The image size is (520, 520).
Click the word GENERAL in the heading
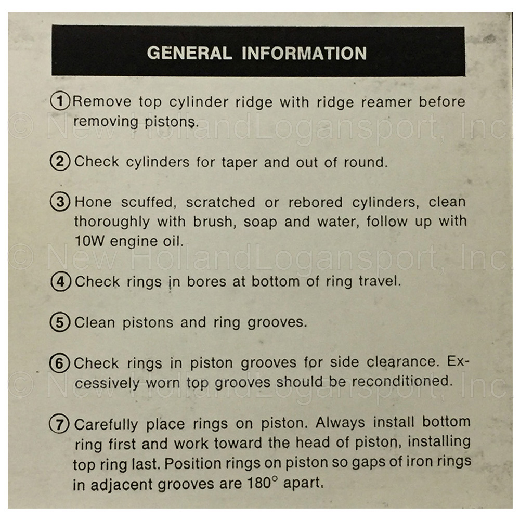pos(189,53)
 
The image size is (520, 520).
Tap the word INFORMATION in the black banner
pos(304,53)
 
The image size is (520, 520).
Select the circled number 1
pos(60,100)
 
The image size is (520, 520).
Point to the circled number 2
pos(60,161)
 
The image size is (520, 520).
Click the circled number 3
pos(60,202)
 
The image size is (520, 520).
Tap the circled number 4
pos(61,281)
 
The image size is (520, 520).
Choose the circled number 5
pos(60,322)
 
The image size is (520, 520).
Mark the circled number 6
pos(60,363)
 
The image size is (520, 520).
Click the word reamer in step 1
pos(385,102)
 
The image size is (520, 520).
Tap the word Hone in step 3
pos(93,202)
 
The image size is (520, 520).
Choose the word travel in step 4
pos(380,281)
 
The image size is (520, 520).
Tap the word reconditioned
pos(402,381)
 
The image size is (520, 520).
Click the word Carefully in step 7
pos(106,425)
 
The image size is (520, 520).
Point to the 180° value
pos(262,483)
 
